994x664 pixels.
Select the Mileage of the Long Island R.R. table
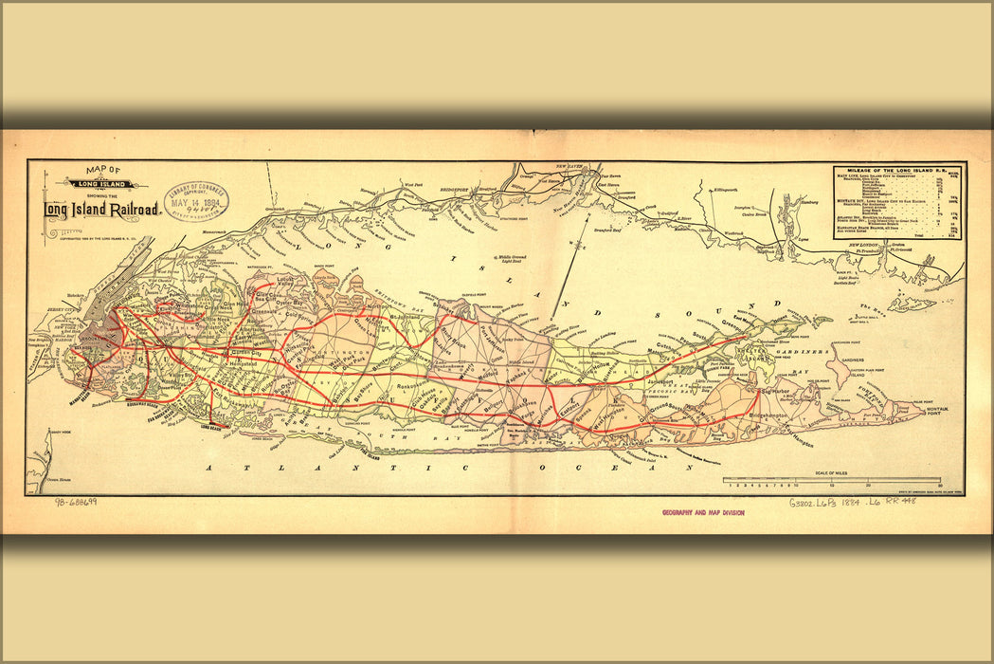point(896,206)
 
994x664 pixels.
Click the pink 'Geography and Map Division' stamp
point(703,512)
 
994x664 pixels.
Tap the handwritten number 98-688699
point(76,500)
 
